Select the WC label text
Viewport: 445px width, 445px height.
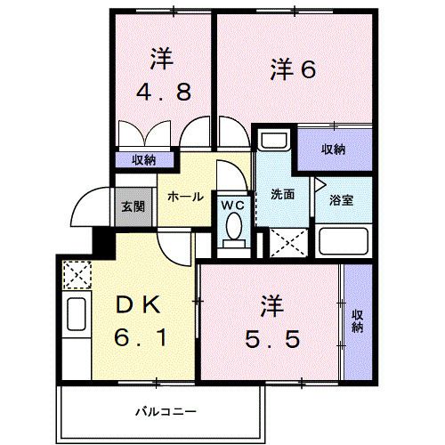[232, 205]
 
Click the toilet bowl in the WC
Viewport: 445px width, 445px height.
[233, 230]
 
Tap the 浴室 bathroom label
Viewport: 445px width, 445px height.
[341, 199]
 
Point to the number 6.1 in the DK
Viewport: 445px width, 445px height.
[140, 339]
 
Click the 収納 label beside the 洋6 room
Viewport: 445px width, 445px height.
[334, 150]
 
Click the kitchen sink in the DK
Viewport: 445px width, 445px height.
[76, 316]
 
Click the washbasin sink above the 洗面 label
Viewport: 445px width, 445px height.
[273, 143]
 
